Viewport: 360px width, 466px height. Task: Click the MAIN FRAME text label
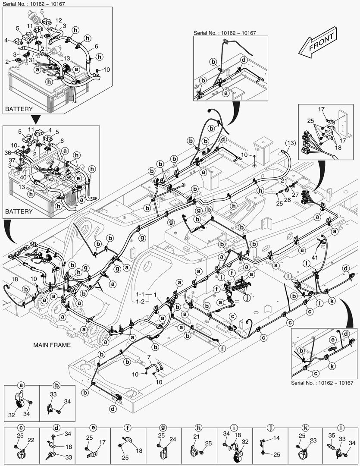tap(52, 345)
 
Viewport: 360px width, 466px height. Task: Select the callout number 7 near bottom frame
tap(149, 357)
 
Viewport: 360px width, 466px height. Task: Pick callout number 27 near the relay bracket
tap(295, 195)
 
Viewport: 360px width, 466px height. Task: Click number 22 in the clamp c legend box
tap(31, 440)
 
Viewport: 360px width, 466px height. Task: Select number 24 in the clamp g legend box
tap(173, 440)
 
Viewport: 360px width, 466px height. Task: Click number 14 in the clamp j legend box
tap(277, 438)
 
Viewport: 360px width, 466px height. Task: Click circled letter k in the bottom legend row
tap(305, 428)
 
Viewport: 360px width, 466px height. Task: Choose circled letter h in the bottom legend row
tap(198, 428)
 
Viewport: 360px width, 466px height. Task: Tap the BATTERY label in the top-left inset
tap(18, 109)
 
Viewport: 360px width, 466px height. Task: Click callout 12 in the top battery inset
tap(59, 20)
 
